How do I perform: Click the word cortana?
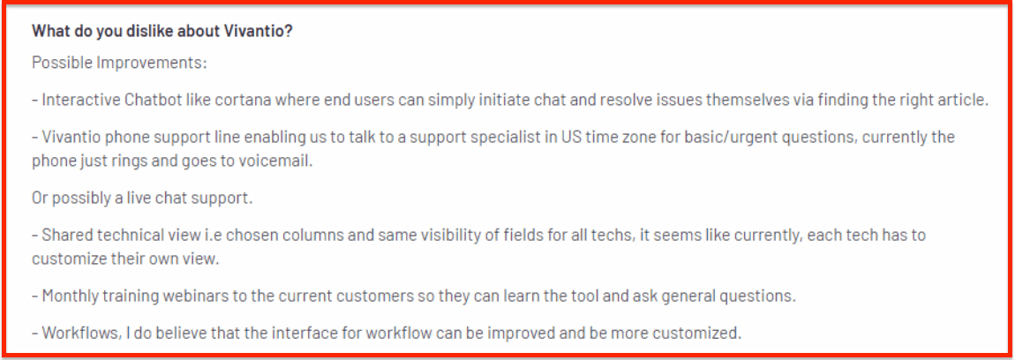(226, 101)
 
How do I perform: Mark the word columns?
(313, 235)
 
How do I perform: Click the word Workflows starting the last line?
(76, 334)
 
